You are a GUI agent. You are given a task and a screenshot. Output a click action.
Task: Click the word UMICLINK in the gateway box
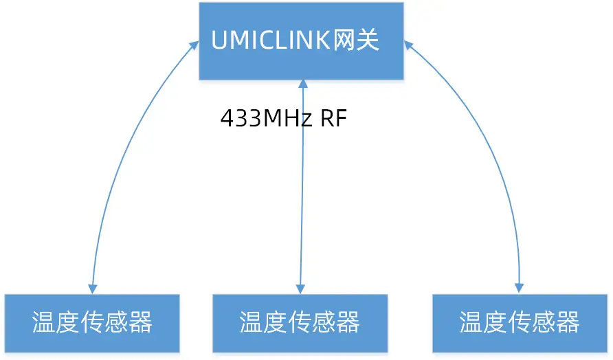point(273,41)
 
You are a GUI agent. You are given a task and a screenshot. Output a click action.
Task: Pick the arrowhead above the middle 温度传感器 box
point(300,288)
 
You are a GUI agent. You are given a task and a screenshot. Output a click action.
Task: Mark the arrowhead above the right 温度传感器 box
point(519,288)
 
